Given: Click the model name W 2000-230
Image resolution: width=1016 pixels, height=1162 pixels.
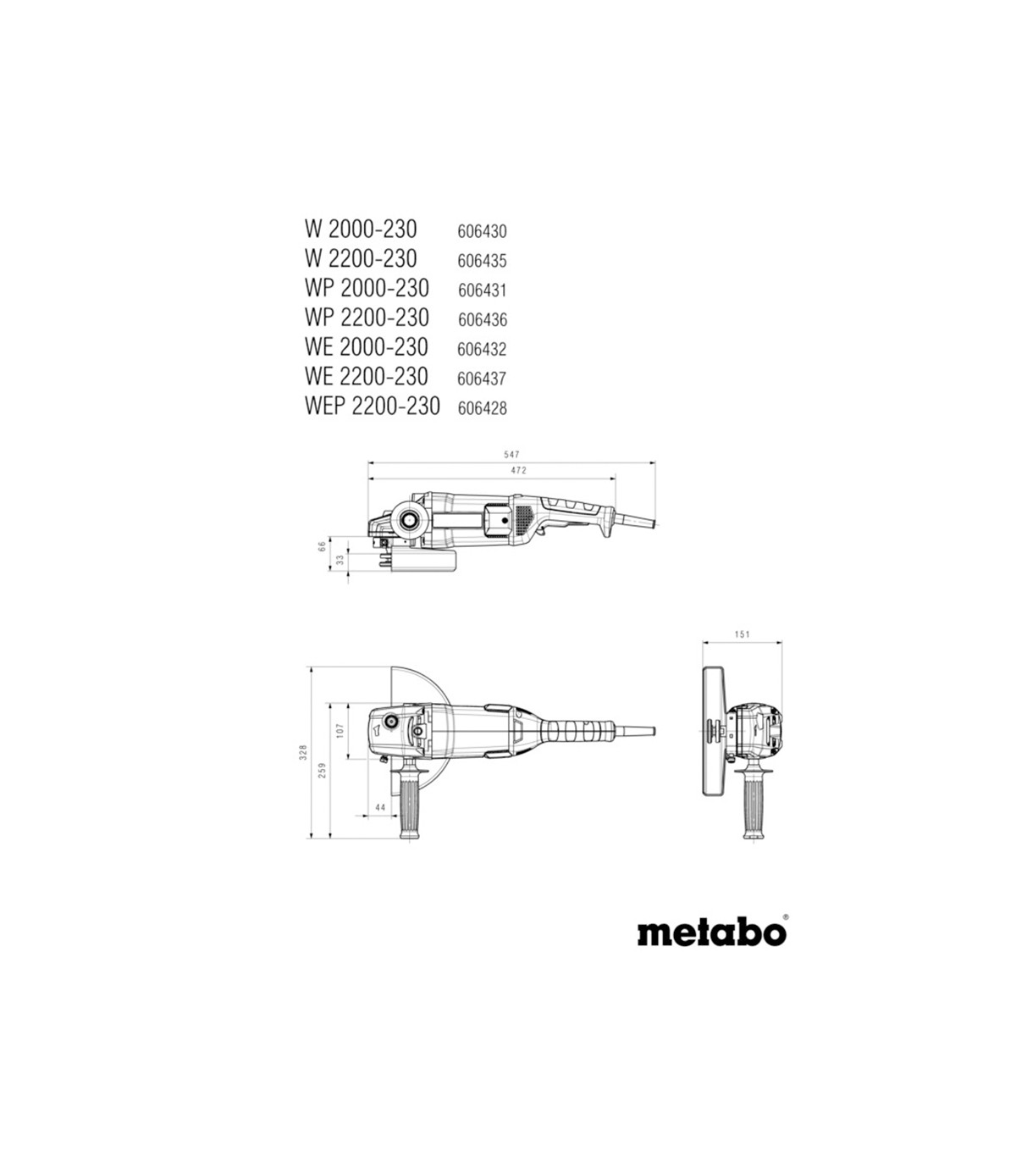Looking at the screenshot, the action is click(361, 229).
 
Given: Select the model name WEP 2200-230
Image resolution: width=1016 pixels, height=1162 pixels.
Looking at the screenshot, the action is click(373, 406).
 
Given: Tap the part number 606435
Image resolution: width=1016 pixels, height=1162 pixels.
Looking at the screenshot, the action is click(482, 261).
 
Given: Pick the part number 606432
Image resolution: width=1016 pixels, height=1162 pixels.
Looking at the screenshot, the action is click(482, 349).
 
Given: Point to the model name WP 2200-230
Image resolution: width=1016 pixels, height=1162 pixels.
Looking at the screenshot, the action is click(367, 318).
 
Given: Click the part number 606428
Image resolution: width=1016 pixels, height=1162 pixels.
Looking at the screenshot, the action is click(483, 407).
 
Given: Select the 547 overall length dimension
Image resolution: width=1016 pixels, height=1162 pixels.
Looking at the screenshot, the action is click(511, 454).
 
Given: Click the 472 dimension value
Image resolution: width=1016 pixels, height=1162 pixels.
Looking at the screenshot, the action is click(519, 470).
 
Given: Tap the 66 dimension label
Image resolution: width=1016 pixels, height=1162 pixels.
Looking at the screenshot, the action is click(322, 545).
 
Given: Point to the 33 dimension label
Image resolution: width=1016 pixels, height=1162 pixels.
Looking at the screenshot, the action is click(340, 560).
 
